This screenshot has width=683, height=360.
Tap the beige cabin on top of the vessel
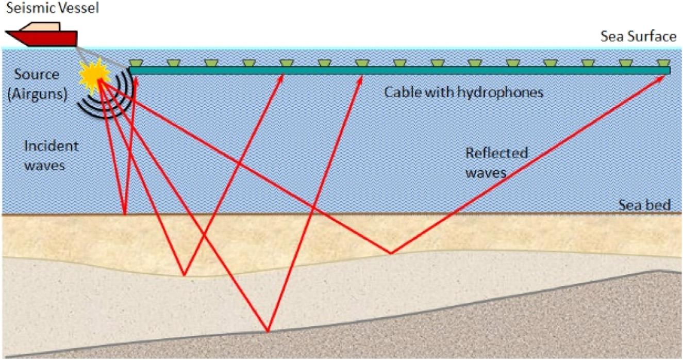[39, 26]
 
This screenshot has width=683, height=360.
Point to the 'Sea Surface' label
[638, 36]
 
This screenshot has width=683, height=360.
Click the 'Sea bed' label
[645, 205]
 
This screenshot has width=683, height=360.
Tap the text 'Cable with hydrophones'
[464, 93]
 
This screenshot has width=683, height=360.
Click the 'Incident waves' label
[51, 155]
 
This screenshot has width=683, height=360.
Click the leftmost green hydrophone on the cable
[136, 63]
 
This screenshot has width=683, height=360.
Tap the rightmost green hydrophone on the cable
[663, 63]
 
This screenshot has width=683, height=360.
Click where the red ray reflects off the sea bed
[124, 214]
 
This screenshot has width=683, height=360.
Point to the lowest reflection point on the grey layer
[268, 331]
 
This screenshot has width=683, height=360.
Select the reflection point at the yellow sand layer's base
[184, 275]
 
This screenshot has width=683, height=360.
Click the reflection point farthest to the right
[391, 253]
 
